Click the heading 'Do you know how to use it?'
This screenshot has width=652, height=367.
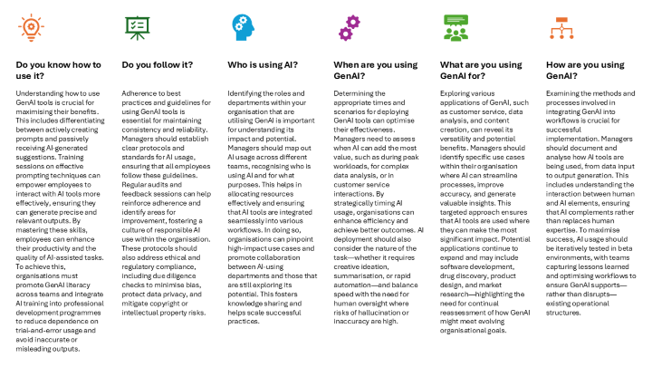53,71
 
